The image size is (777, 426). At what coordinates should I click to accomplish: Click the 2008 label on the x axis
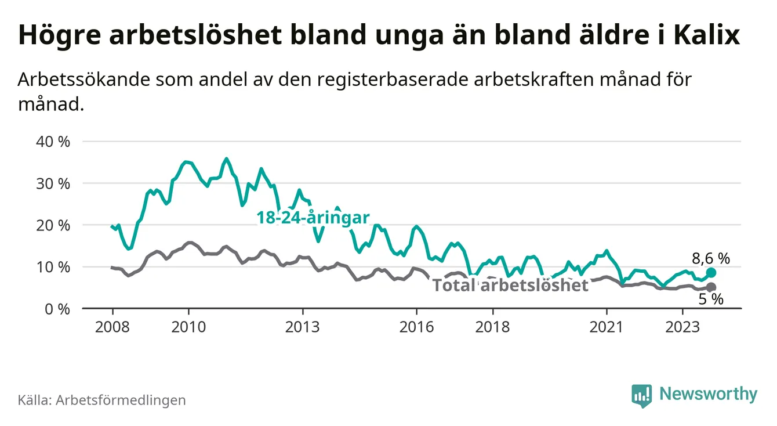pos(112,327)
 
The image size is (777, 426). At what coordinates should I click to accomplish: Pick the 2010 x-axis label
pos(188,327)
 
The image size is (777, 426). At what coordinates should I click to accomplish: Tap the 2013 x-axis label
pos(303,327)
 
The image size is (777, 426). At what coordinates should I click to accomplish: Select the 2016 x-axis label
pos(416,327)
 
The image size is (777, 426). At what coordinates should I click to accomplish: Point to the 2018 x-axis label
pos(492,327)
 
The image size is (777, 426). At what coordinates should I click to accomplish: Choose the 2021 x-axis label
pos(607,327)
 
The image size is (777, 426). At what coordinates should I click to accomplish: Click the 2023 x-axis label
pos(682,327)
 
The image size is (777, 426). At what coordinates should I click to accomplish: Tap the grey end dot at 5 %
pos(711,287)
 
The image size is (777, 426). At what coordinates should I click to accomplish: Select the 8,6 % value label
pos(711,258)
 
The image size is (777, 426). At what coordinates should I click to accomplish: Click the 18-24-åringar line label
pos(313,218)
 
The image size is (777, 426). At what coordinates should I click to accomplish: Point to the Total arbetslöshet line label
pos(511,285)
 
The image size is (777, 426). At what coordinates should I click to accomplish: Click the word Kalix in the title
pos(707,35)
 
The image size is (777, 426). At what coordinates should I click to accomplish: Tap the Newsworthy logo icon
pos(641,395)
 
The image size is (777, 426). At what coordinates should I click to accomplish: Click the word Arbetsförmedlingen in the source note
pos(121,400)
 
